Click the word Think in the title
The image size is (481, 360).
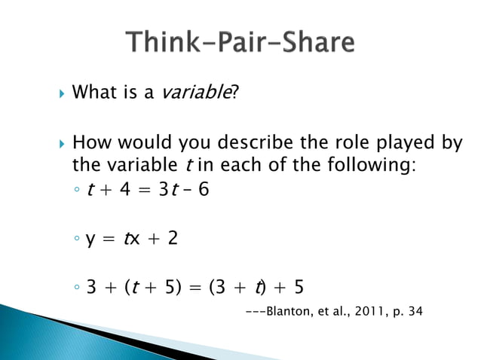[x=164, y=42]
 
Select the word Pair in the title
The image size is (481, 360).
[x=240, y=42]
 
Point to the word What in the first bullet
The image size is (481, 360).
[x=92, y=93]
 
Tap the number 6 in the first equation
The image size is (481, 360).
[x=204, y=189]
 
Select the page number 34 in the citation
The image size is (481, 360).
[x=415, y=310]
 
